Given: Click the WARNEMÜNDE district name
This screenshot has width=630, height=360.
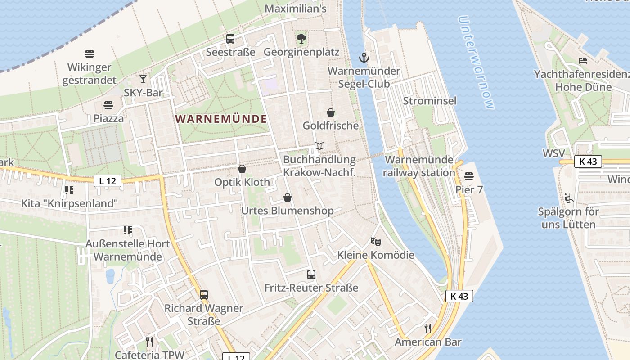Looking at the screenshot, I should click(221, 119).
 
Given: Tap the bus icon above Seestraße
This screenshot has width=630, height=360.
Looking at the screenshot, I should click(230, 39).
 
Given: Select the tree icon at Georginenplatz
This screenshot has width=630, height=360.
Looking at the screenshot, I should click(301, 39).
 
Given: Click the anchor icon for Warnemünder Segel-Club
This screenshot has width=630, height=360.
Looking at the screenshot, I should click(364, 58).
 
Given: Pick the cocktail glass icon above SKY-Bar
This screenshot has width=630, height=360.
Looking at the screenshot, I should click(143, 79).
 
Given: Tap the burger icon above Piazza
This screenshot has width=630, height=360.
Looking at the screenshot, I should click(108, 105).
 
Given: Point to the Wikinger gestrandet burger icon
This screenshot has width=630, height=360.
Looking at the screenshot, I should click(90, 54).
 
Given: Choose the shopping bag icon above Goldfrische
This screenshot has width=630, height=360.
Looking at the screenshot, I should click(331, 112).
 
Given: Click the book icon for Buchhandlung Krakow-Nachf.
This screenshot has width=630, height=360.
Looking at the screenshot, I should click(319, 146).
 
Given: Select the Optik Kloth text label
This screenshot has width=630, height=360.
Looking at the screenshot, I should click(242, 182).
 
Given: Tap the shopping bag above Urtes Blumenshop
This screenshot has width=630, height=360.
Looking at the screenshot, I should click(288, 198).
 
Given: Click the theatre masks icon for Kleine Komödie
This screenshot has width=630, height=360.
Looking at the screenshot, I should click(376, 242).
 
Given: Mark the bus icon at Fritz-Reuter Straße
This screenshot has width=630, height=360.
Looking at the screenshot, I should click(311, 274).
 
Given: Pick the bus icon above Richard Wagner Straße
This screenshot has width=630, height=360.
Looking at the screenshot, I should click(204, 295).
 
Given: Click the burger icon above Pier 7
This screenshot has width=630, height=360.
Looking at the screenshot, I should click(469, 176).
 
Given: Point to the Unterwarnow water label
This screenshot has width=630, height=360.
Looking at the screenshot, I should click(476, 63).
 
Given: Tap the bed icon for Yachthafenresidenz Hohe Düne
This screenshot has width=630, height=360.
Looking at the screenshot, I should click(583, 61).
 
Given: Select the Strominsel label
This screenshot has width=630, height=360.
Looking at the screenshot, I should click(429, 101).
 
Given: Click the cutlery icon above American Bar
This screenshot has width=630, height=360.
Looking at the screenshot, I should click(428, 328).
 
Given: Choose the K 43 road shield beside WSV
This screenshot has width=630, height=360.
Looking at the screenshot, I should click(588, 162).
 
